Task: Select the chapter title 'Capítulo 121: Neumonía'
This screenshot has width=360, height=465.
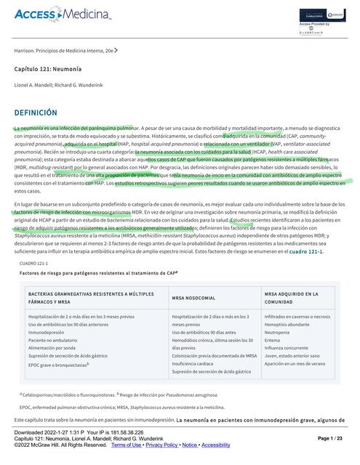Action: tap(49, 68)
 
